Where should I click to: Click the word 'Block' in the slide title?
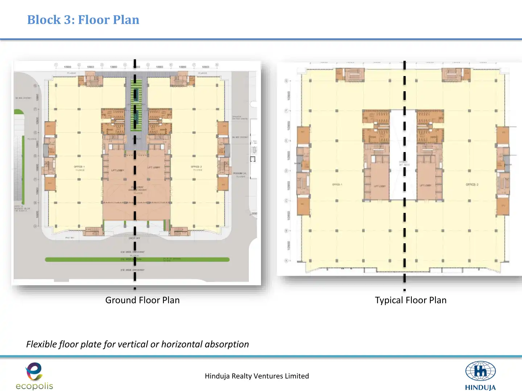[x=44, y=20]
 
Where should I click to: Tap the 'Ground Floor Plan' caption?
[x=142, y=300]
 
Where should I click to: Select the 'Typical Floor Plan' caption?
[x=410, y=300]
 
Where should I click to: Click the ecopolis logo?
[x=34, y=376]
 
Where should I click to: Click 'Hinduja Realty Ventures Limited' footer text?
[x=257, y=376]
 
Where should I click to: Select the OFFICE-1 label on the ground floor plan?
[x=79, y=167]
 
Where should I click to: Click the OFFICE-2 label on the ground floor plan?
[x=196, y=167]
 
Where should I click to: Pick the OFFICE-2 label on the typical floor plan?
[x=472, y=185]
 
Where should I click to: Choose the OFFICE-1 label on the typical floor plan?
[x=337, y=185]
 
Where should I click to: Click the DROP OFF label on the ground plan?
[x=134, y=238]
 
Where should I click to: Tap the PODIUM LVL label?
[x=239, y=173]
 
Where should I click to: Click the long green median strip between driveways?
[x=91, y=260]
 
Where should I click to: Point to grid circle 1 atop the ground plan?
[x=56, y=65]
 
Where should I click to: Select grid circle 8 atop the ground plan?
[x=217, y=65]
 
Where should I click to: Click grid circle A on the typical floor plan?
[x=286, y=261]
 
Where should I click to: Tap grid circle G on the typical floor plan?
[x=286, y=81]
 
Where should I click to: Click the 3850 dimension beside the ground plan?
[x=254, y=214]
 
